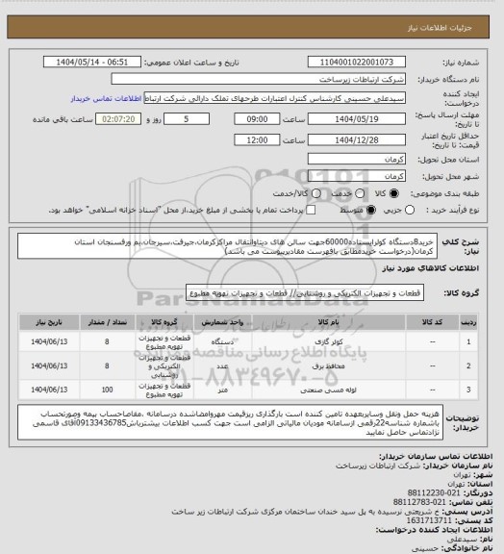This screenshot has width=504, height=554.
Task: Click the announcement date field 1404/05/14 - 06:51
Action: (x=91, y=61)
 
